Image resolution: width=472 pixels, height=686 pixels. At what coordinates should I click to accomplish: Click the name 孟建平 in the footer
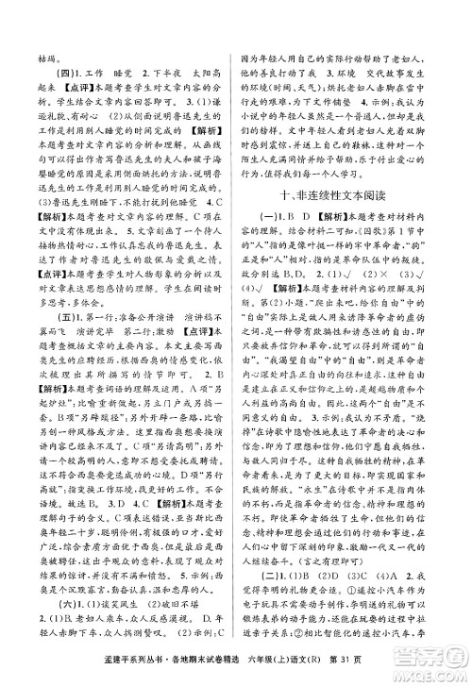pos(80,671)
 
